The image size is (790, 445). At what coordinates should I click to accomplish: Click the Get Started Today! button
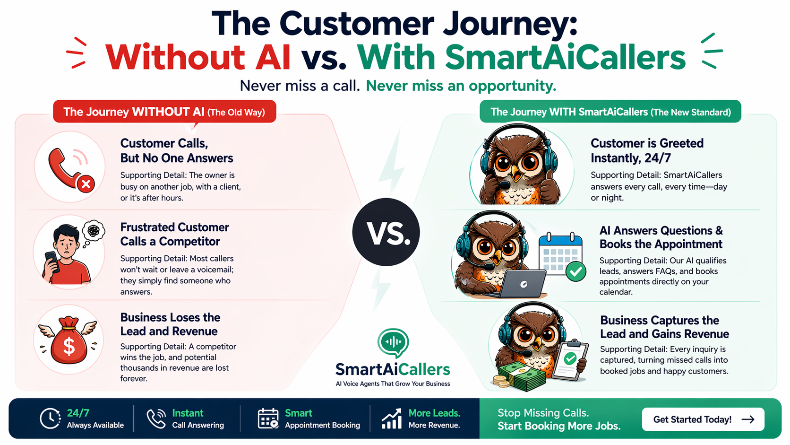click(703, 419)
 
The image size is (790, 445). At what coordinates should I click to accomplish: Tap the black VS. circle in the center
click(386, 232)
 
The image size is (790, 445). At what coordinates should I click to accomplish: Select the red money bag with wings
click(68, 340)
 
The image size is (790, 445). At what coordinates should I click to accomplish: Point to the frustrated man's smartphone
click(52, 262)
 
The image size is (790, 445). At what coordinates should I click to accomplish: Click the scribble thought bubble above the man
click(94, 230)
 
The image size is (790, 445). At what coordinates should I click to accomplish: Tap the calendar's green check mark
click(575, 271)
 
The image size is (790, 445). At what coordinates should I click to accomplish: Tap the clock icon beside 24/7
click(50, 419)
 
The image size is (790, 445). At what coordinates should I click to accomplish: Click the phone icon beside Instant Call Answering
click(156, 419)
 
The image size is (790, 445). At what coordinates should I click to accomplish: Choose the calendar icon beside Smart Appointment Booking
click(268, 419)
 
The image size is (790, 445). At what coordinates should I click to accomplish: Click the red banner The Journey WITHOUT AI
click(164, 112)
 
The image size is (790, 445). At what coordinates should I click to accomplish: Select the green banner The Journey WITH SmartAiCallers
click(610, 112)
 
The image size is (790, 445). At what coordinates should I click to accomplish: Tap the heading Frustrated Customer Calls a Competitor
click(174, 234)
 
